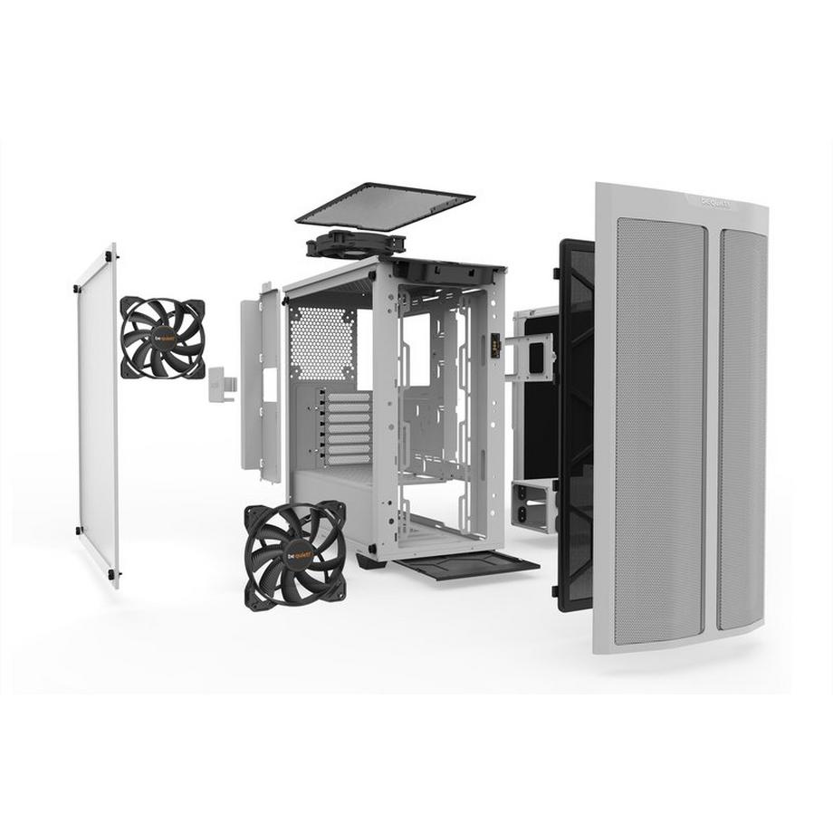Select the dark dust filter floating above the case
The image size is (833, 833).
point(385,206)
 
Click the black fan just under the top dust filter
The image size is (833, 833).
point(355,243)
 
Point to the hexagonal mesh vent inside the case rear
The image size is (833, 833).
point(322,343)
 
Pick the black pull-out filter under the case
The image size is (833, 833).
point(466,567)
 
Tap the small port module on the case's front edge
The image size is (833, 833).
point(495,345)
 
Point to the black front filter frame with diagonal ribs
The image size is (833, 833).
point(576,426)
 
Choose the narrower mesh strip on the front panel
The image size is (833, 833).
point(742,430)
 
